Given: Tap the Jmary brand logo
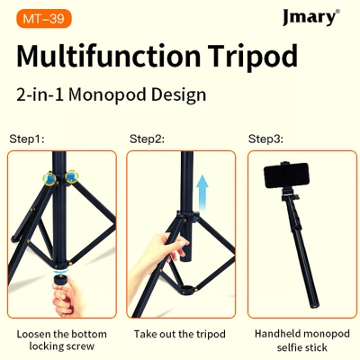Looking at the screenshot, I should click(x=310, y=18).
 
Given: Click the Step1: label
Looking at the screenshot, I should click(x=27, y=139).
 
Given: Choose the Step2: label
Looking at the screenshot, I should click(x=147, y=139).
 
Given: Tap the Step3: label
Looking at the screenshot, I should click(x=265, y=139).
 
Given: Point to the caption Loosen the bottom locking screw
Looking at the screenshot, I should click(x=61, y=340).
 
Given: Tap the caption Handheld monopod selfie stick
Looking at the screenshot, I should click(x=299, y=340).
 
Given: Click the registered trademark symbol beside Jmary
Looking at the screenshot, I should click(x=337, y=12).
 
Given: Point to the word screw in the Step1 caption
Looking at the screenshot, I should click(x=82, y=347).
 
